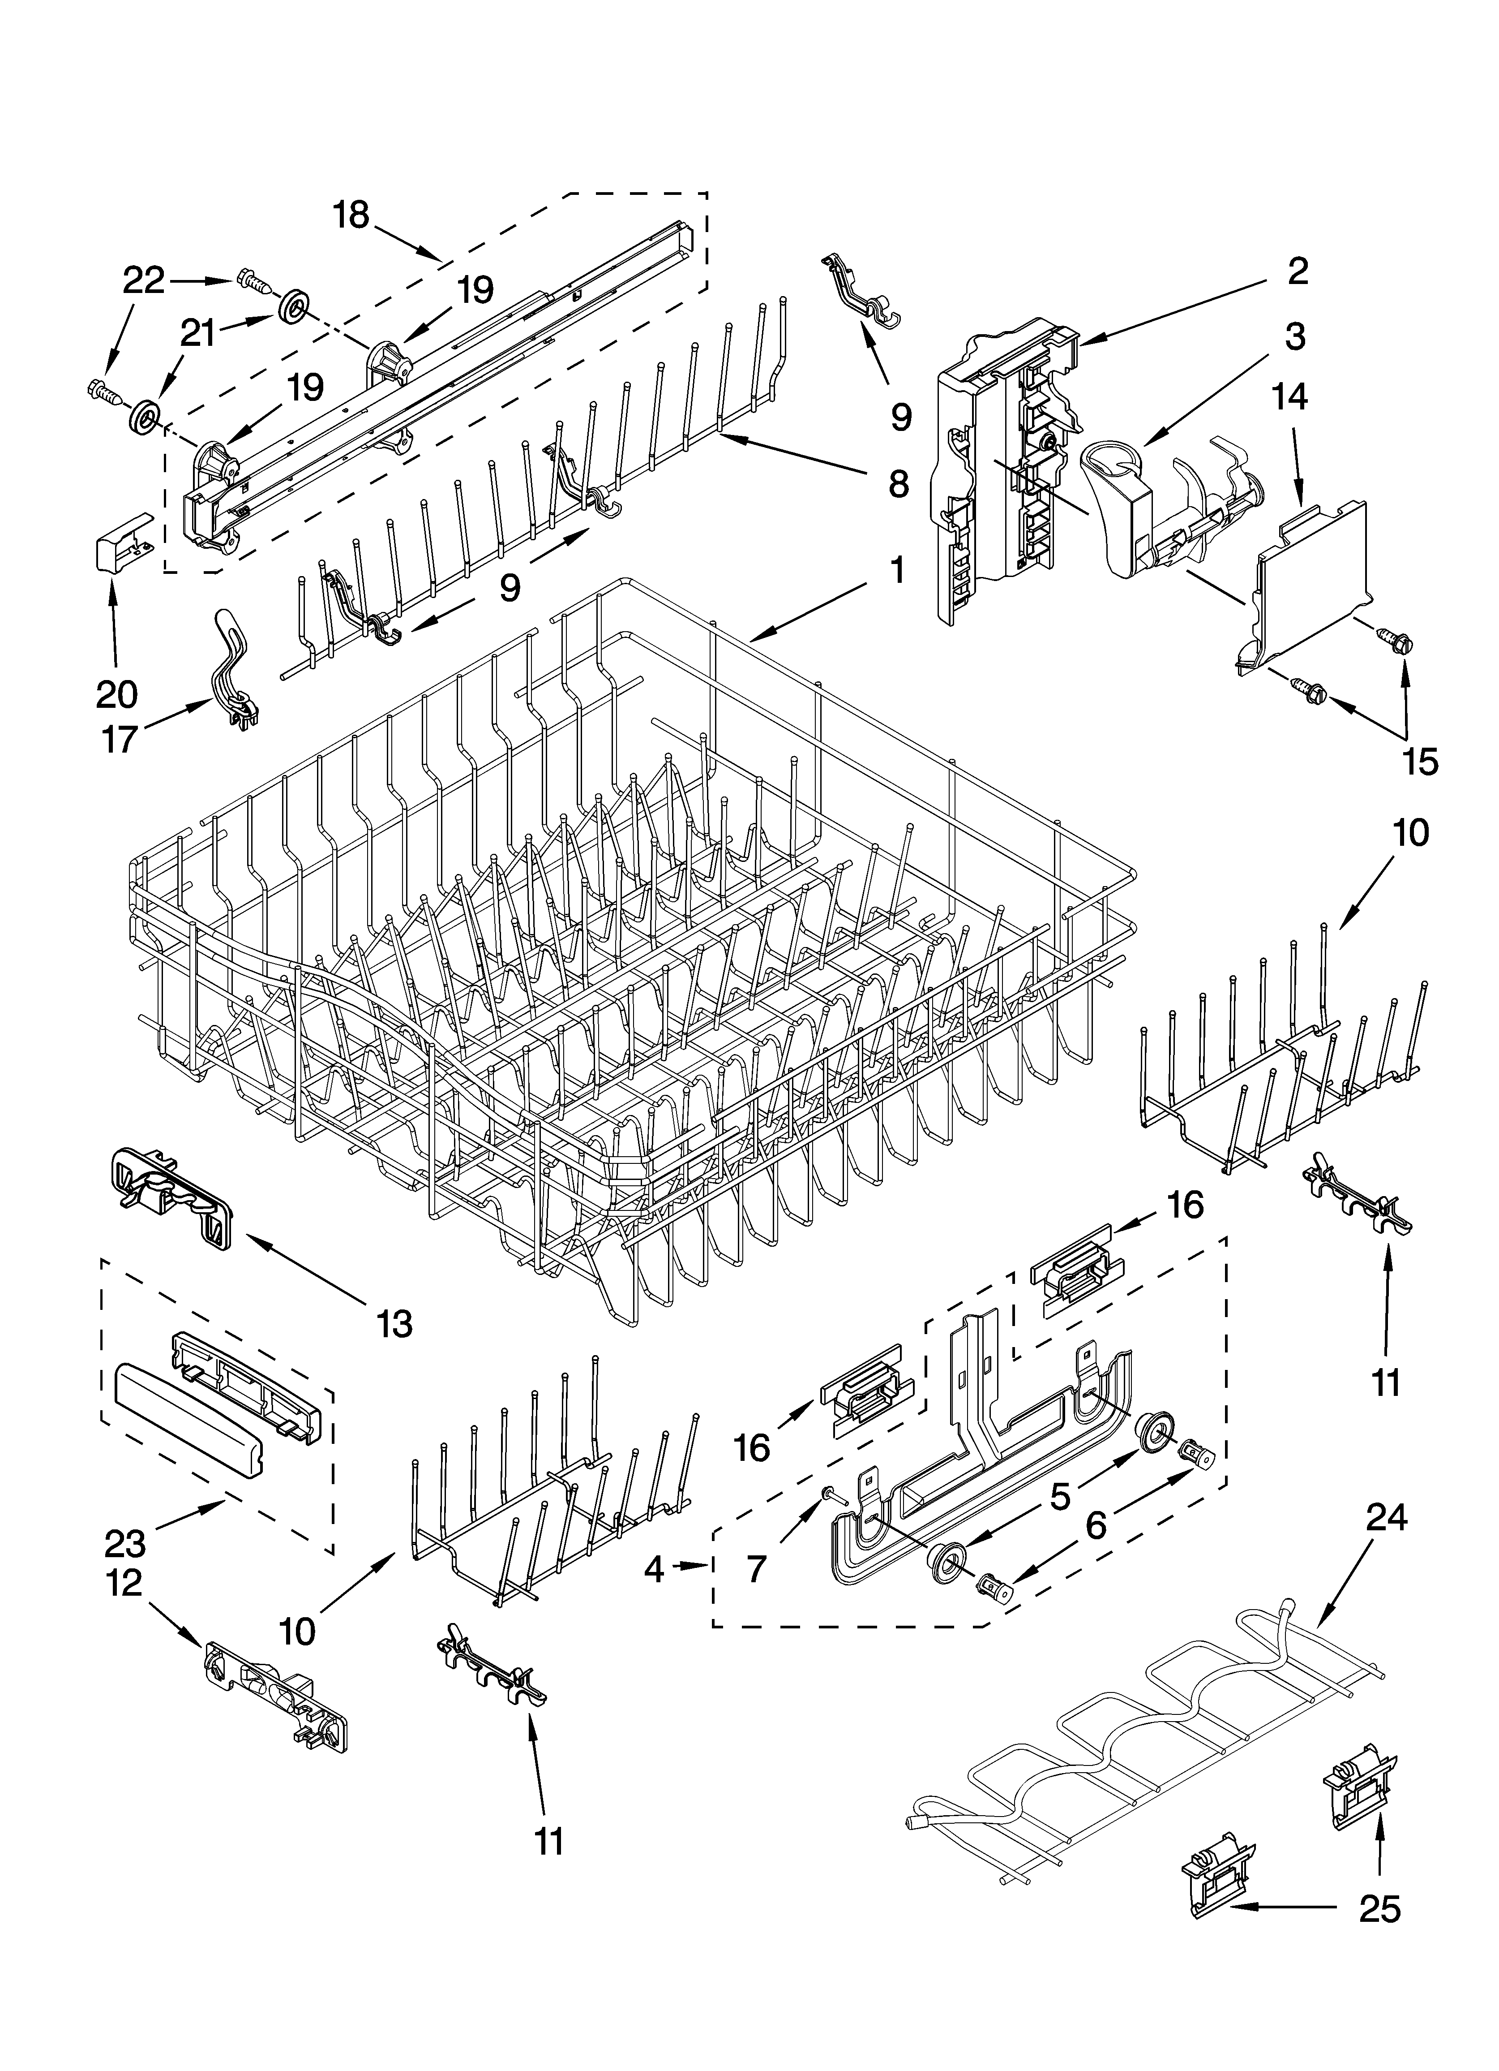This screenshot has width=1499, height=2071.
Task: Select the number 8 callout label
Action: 898,484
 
